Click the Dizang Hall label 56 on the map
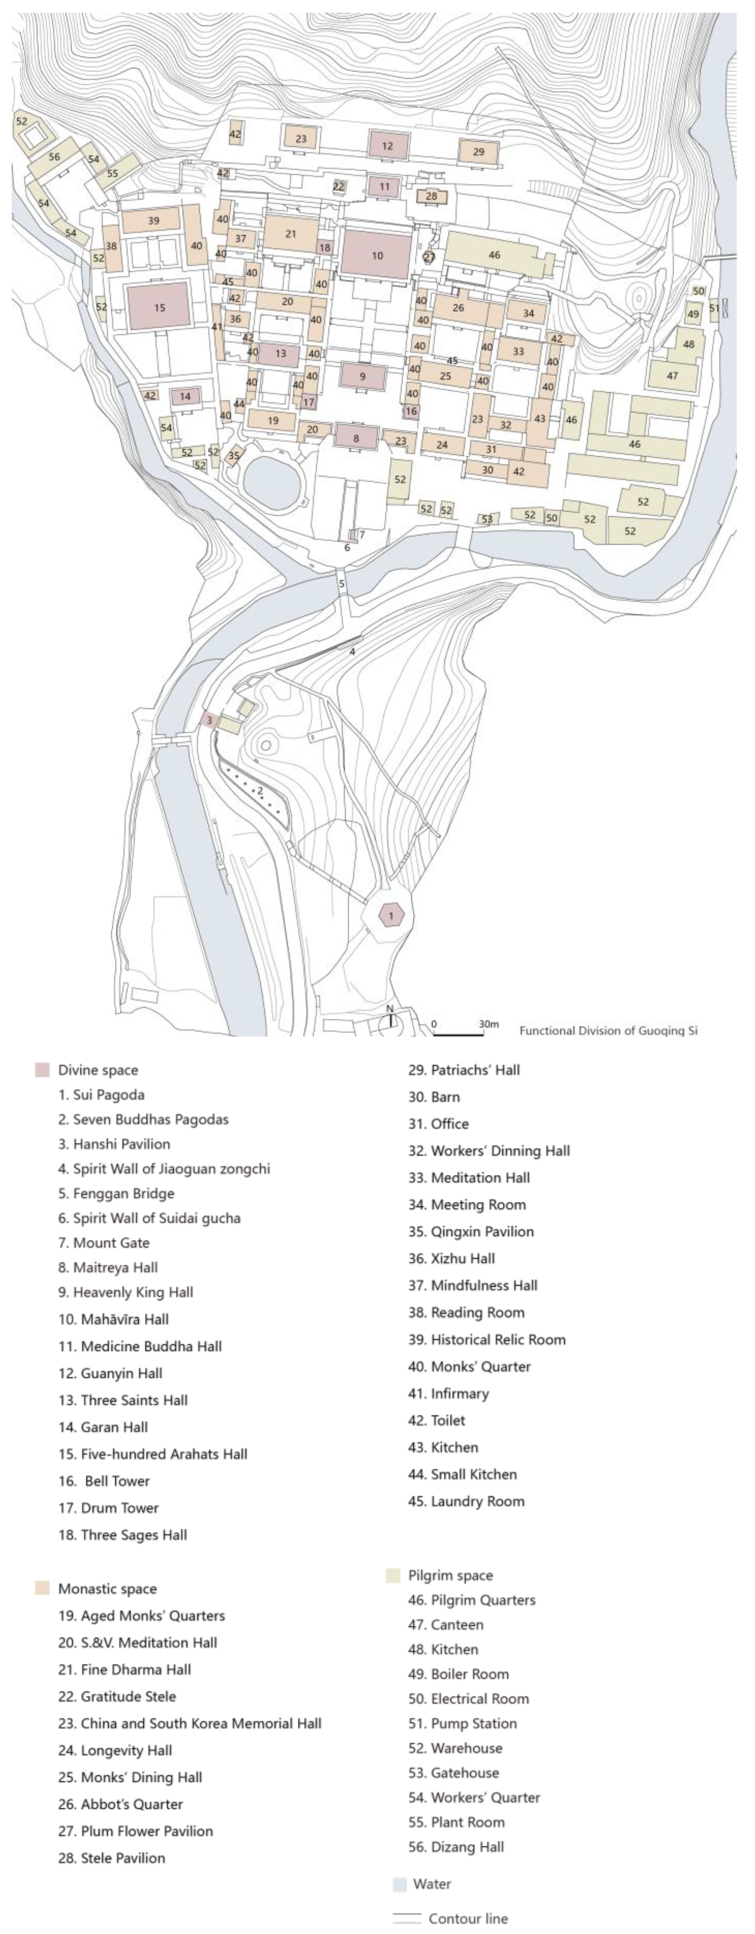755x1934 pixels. pos(54,157)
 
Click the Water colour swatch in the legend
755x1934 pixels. pos(400,1884)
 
